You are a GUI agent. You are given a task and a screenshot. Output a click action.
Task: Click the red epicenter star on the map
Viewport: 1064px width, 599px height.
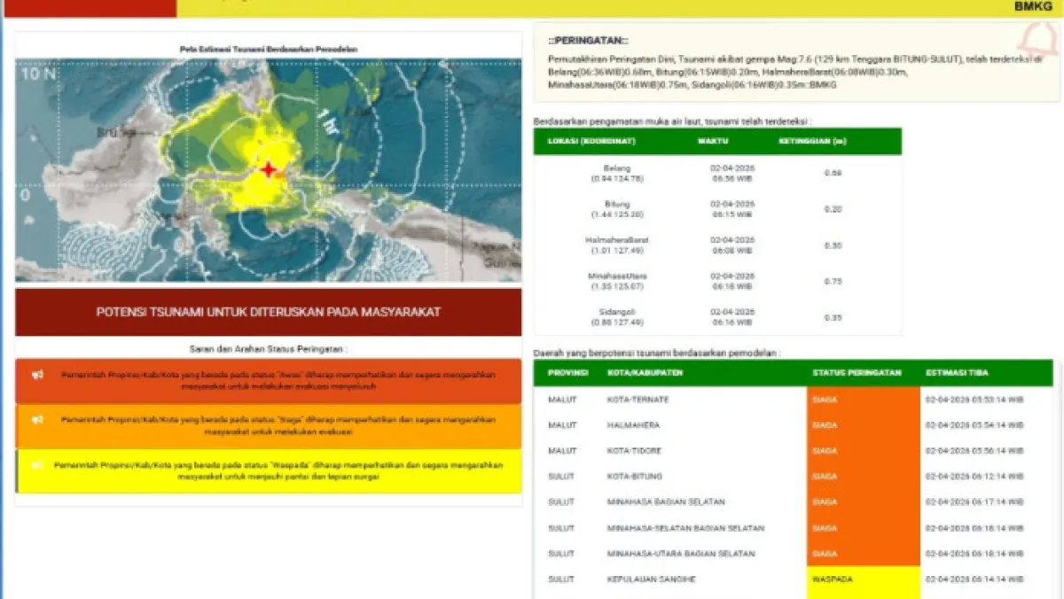click(269, 169)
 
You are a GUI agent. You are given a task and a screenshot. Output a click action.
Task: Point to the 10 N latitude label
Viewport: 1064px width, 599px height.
click(38, 74)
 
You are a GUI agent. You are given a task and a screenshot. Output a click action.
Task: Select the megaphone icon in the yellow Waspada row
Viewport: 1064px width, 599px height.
click(38, 464)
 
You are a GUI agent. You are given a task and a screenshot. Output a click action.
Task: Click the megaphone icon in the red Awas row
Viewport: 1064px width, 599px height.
click(38, 375)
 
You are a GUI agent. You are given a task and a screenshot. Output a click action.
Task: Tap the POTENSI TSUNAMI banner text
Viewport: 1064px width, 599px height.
click(269, 312)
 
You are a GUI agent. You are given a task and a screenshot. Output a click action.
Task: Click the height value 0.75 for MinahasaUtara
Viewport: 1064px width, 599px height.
click(832, 281)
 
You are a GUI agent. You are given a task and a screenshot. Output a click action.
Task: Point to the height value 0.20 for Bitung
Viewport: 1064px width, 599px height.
click(832, 209)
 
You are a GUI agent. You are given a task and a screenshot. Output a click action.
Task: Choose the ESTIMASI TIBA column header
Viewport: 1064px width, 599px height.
click(957, 373)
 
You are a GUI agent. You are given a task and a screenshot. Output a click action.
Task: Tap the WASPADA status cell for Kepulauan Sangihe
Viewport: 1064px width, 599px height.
click(863, 580)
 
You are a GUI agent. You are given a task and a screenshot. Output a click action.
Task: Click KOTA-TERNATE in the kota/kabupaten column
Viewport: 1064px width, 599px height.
click(638, 400)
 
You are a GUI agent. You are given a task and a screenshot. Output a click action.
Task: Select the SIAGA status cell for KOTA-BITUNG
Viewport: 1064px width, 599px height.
click(863, 477)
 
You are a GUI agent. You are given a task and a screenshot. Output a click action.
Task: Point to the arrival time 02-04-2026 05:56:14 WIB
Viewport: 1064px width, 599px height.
click(974, 451)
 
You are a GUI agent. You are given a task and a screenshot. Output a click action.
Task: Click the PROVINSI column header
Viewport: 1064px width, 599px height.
click(567, 373)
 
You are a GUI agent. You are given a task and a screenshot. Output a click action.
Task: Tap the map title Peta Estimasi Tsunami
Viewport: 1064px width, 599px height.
click(268, 49)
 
